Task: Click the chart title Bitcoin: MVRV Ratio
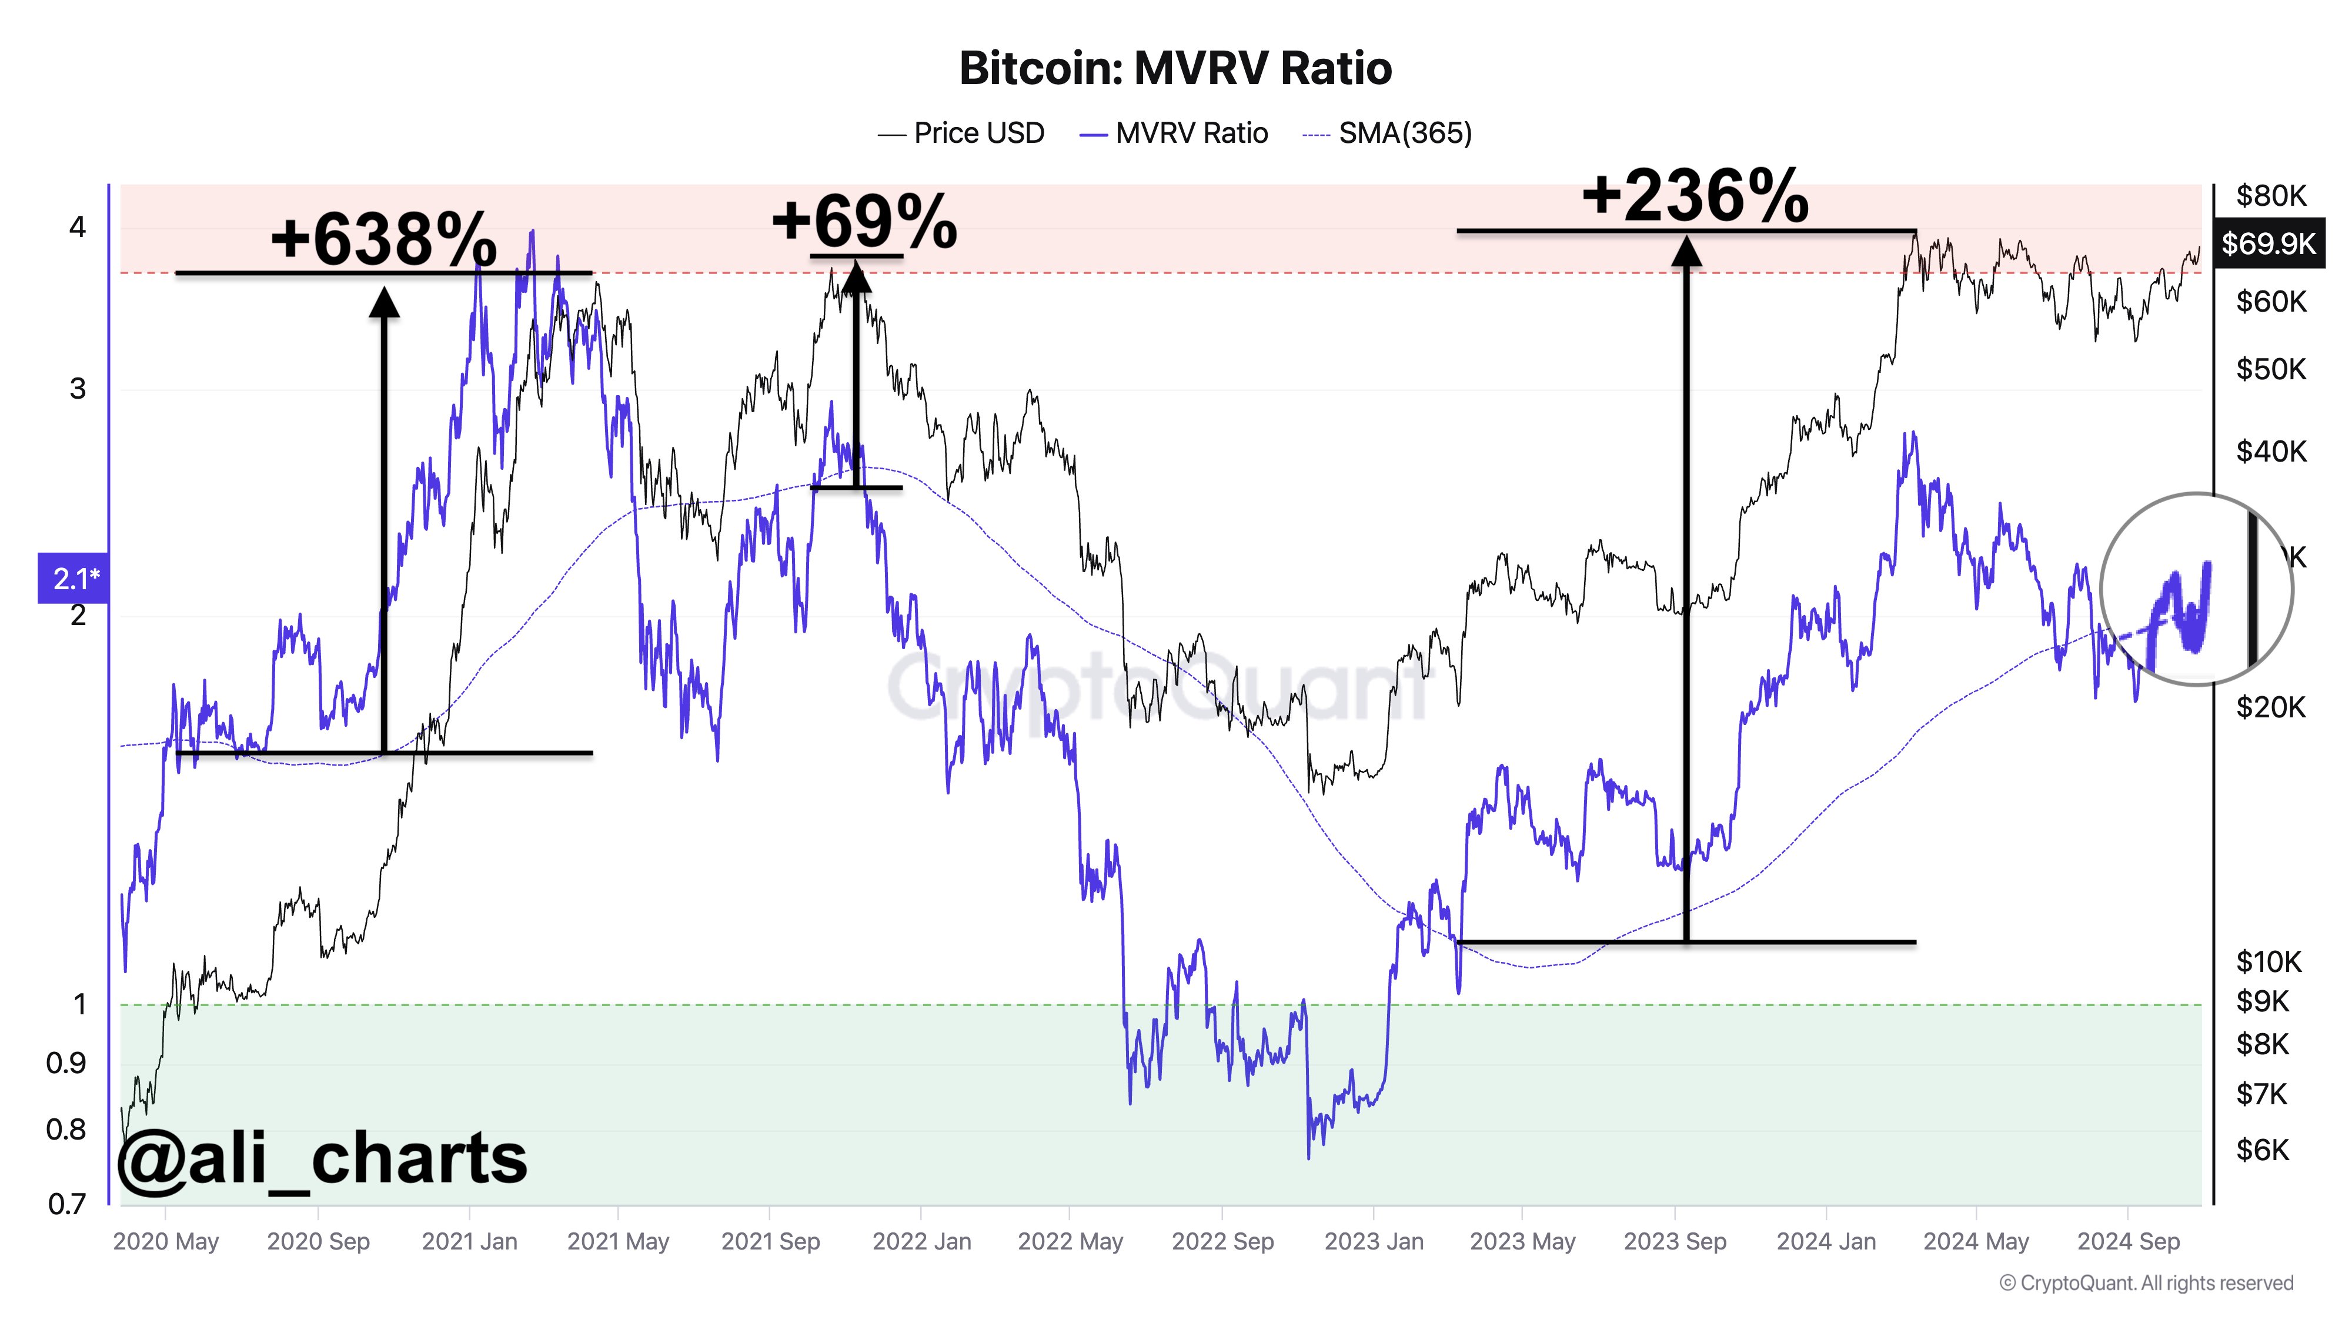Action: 1175,68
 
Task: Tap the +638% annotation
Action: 383,239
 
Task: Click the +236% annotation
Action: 1695,196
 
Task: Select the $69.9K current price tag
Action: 2268,244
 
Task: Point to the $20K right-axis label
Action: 2270,707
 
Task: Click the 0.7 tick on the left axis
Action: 66,1204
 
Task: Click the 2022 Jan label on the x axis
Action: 921,1242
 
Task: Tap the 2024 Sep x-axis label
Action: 2129,1242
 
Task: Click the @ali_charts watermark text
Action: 322,1158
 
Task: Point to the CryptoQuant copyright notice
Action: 2146,1283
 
